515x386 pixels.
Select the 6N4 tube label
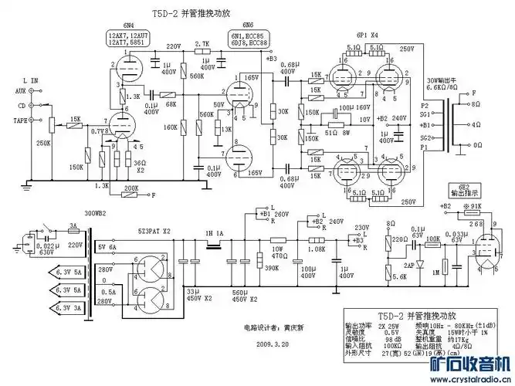point(129,27)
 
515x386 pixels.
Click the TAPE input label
point(21,120)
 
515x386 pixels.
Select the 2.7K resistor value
point(202,44)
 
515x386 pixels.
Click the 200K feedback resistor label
point(130,188)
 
